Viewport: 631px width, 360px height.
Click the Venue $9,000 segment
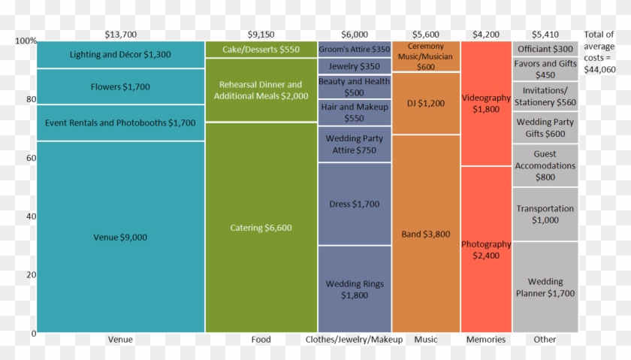[120, 237]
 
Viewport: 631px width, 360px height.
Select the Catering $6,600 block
[261, 228]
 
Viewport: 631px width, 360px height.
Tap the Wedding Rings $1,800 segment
[355, 289]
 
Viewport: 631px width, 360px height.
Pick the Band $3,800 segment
[426, 234]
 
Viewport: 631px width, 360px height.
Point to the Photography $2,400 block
[486, 250]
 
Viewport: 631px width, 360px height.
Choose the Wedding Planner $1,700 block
[545, 287]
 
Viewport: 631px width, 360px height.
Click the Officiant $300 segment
[545, 49]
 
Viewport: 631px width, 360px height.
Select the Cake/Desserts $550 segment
[261, 50]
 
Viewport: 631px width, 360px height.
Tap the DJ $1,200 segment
[426, 103]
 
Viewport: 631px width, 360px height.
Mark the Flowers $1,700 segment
[120, 86]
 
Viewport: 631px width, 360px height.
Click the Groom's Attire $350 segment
[355, 49]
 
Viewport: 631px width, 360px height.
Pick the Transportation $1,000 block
[545, 214]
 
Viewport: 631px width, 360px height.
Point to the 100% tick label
[25, 41]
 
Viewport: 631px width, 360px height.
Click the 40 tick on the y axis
[29, 216]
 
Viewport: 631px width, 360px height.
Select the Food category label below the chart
[261, 340]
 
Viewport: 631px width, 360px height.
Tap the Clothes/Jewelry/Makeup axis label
[355, 340]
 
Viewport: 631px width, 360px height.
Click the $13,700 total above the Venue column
[120, 34]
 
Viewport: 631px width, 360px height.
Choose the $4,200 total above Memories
[486, 34]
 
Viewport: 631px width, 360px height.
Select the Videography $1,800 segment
[486, 104]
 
